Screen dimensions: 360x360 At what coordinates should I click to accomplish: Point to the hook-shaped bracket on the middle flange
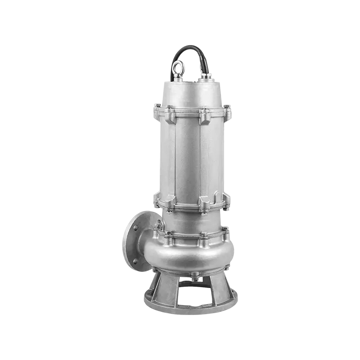pyautogui.click(x=217, y=197)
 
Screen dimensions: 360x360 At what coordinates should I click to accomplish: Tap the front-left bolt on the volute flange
pyautogui.click(x=170, y=235)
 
